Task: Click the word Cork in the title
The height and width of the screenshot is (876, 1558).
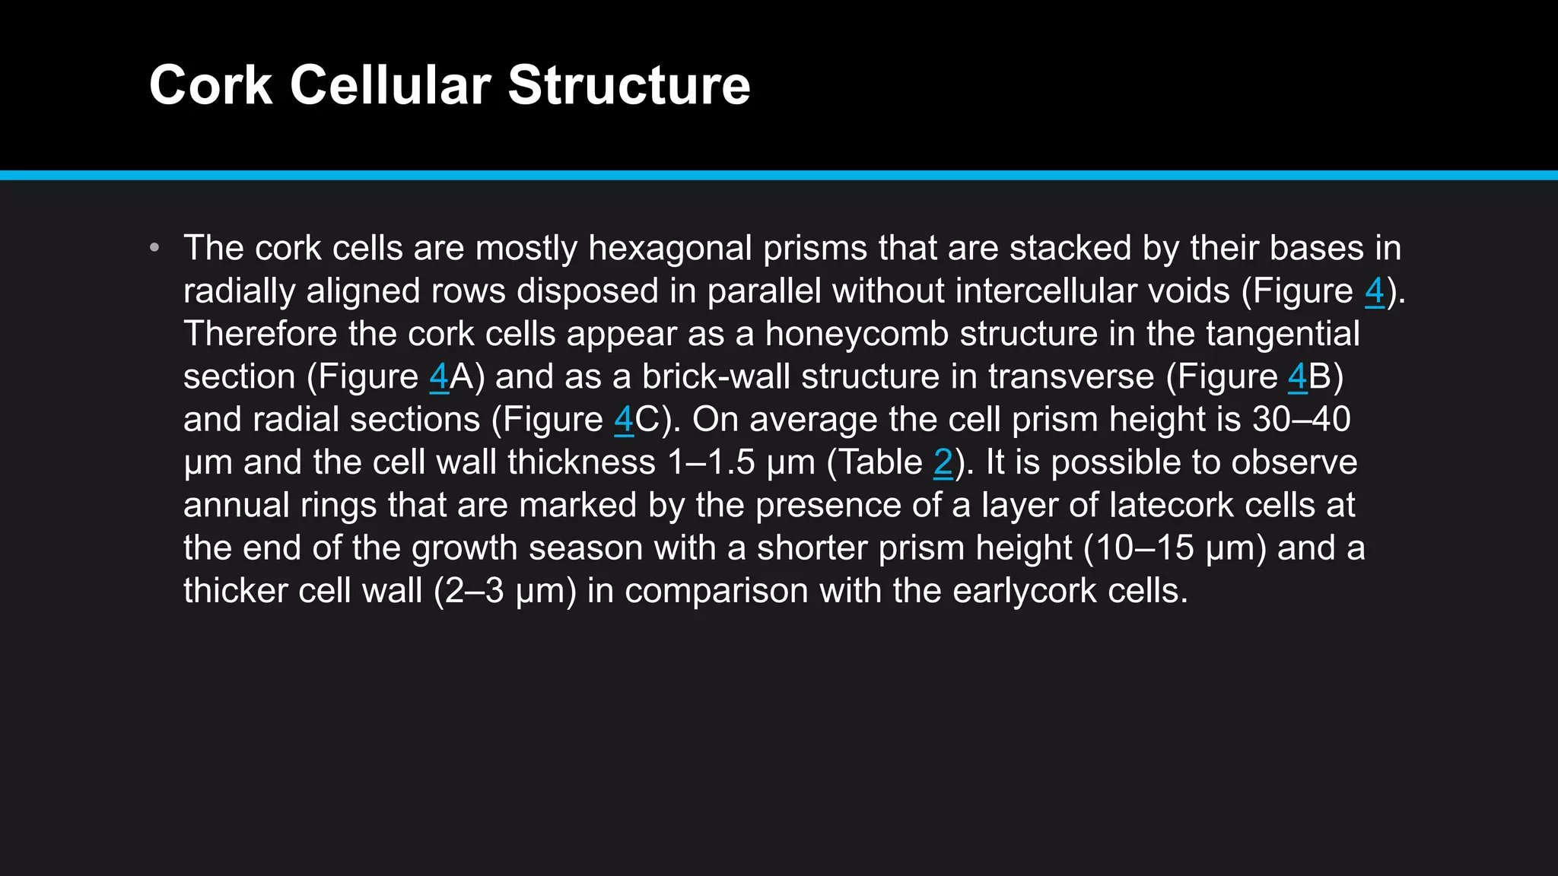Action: pos(211,85)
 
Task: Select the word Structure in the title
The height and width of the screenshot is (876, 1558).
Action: pos(628,85)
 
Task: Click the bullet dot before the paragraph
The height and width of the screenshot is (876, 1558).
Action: pos(155,248)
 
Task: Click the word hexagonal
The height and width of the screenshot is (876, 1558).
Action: pos(670,249)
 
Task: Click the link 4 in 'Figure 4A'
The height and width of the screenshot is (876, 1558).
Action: pos(439,377)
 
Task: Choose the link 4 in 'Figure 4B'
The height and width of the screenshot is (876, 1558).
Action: pos(1297,377)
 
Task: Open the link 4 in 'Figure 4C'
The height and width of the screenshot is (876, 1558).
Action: pos(624,420)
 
